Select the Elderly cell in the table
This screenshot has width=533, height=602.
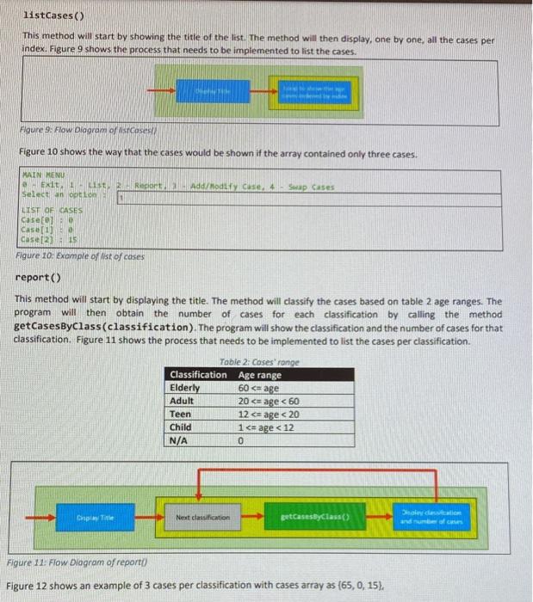pyautogui.click(x=186, y=387)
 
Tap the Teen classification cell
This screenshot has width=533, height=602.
pyautogui.click(x=181, y=414)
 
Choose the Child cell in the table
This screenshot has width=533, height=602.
pyautogui.click(x=182, y=427)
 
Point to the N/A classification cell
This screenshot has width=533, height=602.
pyautogui.click(x=180, y=440)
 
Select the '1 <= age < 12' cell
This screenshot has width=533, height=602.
pyautogui.click(x=267, y=427)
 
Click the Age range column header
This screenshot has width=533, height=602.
pyautogui.click(x=260, y=374)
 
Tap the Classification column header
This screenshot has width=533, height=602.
pyautogui.click(x=198, y=374)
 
